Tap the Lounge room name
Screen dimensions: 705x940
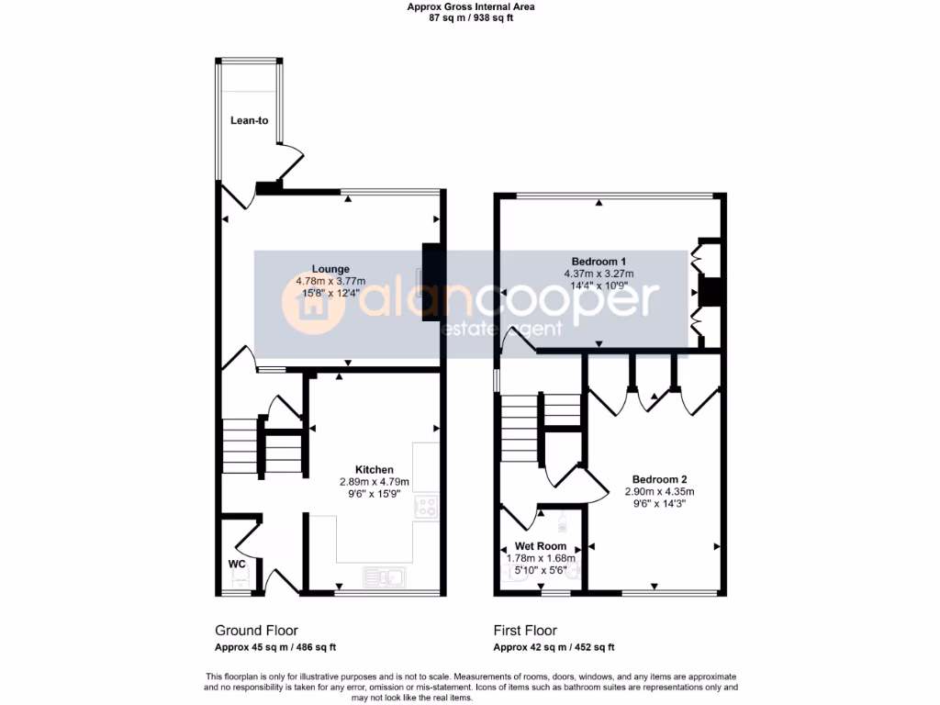pos(330,269)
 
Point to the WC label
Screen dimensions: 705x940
pos(237,564)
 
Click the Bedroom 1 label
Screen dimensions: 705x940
pos(599,261)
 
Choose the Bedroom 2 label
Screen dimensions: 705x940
pos(659,479)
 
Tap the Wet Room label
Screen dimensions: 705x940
pos(541,545)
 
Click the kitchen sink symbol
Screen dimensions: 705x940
pos(385,577)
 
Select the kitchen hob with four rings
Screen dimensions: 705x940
pos(426,507)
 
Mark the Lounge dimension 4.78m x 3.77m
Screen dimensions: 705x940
pos(330,281)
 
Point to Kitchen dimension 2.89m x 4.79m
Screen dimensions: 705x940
pos(374,482)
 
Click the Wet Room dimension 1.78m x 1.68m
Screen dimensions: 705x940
pos(541,557)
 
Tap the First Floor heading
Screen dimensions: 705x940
pos(524,631)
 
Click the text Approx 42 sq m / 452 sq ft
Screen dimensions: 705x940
pos(554,647)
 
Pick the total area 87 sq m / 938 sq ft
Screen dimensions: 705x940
pos(470,17)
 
